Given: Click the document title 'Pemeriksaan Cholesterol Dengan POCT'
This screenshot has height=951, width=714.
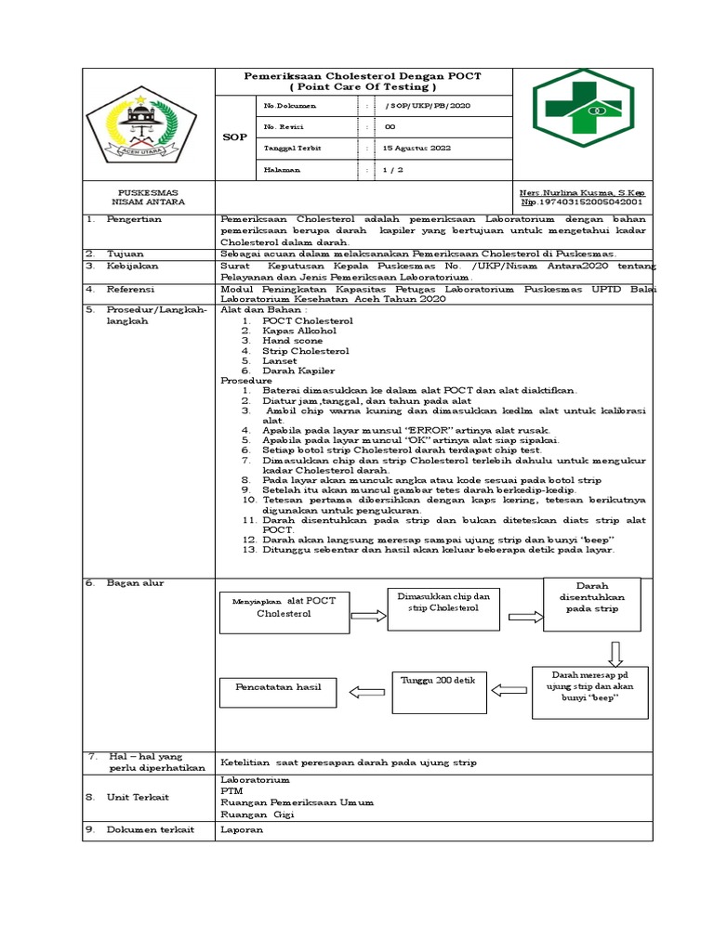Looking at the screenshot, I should tap(362, 75).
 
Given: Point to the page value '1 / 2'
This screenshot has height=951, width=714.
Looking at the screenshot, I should tap(392, 170).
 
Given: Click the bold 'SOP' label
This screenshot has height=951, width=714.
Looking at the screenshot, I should tap(235, 137).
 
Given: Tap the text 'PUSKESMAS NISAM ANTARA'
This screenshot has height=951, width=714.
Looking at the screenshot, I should tap(148, 197).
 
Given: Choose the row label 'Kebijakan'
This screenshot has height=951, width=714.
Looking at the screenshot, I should tap(134, 265).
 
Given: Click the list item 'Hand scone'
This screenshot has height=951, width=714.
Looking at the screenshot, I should tap(292, 341).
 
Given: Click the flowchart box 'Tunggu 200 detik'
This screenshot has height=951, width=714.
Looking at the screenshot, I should tap(437, 690).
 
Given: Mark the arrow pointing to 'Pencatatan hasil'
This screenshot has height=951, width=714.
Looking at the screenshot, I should tap(364, 691).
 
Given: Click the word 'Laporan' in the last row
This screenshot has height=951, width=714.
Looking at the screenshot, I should tap(242, 829).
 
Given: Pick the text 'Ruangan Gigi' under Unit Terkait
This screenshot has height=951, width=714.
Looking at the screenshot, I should tap(257, 814).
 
